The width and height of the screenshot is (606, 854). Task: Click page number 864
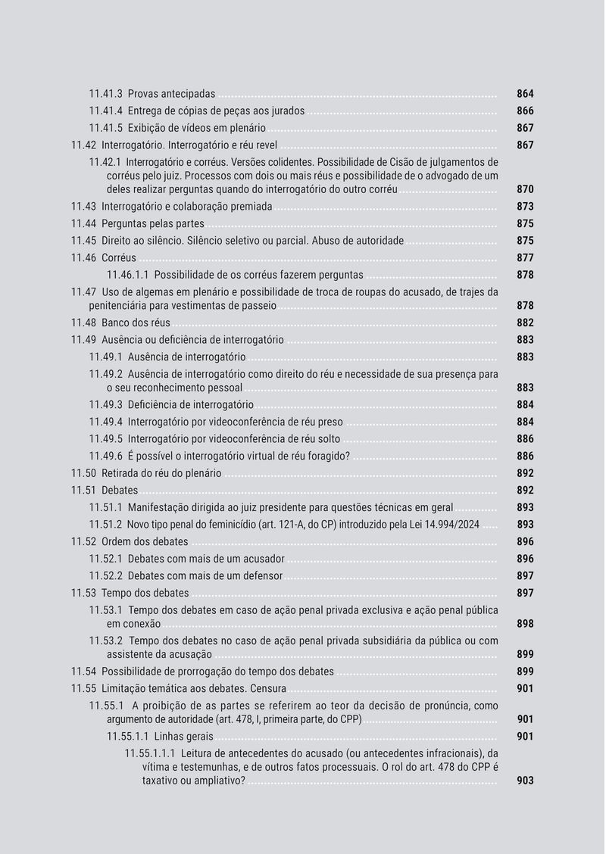[525, 94]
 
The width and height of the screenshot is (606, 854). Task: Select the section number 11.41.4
[105, 111]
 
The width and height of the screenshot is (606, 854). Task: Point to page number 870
[525, 189]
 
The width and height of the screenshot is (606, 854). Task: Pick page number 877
[525, 258]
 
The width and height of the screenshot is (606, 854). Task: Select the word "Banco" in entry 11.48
[116, 323]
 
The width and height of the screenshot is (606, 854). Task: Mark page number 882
[525, 323]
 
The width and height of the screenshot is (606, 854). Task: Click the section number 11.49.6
[105, 457]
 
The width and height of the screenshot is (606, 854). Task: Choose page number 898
[525, 624]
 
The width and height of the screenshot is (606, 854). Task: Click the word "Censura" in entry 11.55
[265, 688]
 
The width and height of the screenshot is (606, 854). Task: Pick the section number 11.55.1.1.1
[150, 753]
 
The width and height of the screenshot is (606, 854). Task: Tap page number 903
[525, 781]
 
